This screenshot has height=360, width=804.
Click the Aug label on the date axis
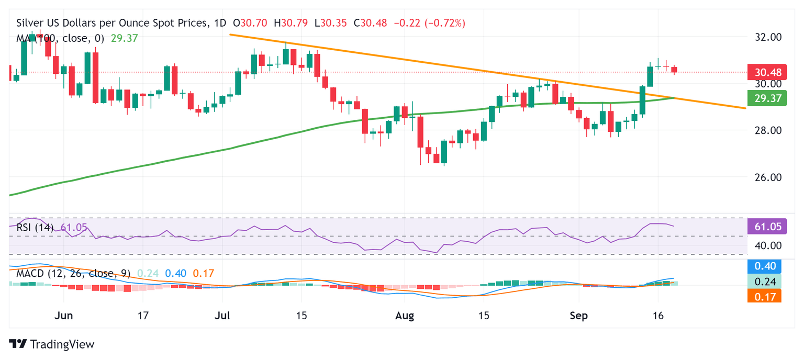(x=405, y=317)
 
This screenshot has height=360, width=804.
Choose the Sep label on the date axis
(x=578, y=317)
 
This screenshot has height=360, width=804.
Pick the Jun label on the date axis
(x=63, y=317)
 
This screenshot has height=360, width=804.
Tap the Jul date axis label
(x=222, y=317)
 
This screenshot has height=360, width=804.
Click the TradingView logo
(x=52, y=344)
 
